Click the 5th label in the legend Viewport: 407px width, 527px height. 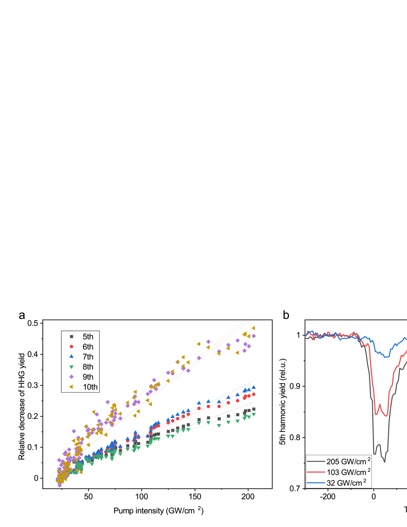point(88,337)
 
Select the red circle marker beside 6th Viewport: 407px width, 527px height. point(71,347)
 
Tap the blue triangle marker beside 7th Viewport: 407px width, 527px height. point(71,356)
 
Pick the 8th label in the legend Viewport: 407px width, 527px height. point(88,367)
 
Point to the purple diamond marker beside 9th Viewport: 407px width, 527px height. point(71,377)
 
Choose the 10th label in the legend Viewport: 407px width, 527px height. point(90,387)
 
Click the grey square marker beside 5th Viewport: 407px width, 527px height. point(71,337)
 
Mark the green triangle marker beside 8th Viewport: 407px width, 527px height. point(71,367)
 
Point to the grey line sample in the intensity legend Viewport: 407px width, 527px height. point(316,461)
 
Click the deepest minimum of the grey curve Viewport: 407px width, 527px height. point(384,462)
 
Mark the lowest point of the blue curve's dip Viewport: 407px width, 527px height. point(385,357)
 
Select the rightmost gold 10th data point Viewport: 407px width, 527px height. point(253,328)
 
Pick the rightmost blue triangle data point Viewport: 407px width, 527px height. point(254,387)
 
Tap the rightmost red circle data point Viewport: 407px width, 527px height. point(254,394)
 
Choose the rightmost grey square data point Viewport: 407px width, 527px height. point(254,409)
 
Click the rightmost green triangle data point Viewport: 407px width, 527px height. point(254,415)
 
